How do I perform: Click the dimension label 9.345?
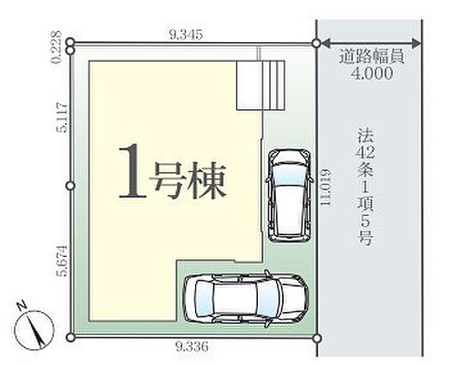coord(186,34)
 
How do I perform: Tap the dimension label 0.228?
coord(57,46)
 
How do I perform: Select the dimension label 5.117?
coord(62,117)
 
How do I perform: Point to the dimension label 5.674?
coord(62,261)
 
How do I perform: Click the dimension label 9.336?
coord(192,345)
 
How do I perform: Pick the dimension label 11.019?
coord(325,187)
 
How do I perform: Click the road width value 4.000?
coord(372,73)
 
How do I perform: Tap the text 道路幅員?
coord(371,58)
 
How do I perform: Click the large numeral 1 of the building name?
coord(132,172)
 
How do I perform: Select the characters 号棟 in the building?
coord(187,180)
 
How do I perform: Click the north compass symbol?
coord(34,330)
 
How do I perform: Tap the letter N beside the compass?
coord(21,306)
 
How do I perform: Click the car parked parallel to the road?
coord(290,195)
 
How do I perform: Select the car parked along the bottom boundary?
coord(247,298)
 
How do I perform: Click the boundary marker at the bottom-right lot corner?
coord(317,338)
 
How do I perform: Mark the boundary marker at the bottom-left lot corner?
coord(70,337)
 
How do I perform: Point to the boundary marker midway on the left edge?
coord(70,186)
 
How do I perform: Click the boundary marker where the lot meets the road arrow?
coord(316,44)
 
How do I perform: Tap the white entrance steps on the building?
coord(260,85)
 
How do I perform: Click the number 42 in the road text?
coord(365,153)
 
